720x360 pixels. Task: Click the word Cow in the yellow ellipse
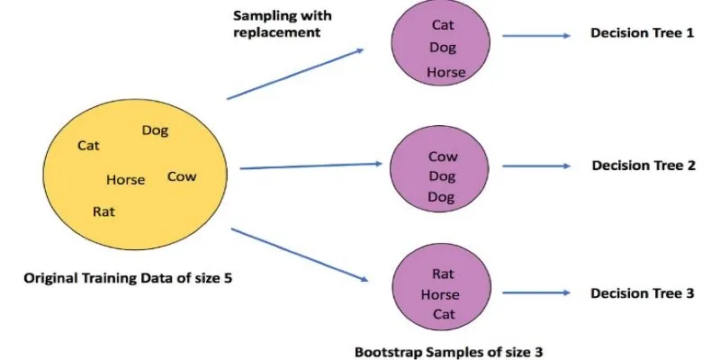(x=182, y=176)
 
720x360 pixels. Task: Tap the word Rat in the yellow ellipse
(x=103, y=211)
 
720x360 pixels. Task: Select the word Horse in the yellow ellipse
(x=125, y=180)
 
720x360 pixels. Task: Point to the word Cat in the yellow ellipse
(x=89, y=145)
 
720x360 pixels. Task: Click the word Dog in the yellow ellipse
(x=155, y=130)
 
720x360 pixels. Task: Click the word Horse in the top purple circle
(x=446, y=72)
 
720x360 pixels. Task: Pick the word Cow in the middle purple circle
(x=443, y=157)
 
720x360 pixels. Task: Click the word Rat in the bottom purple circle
(x=443, y=274)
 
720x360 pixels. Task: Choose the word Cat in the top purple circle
(x=443, y=25)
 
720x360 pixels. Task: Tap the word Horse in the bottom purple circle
(x=440, y=294)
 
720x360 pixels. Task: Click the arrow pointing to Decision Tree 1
(x=536, y=36)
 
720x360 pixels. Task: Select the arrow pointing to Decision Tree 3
(x=536, y=294)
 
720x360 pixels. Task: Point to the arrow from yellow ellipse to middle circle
(x=311, y=166)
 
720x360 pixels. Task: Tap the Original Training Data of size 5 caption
(x=127, y=280)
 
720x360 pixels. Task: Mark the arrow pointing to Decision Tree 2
(x=536, y=166)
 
